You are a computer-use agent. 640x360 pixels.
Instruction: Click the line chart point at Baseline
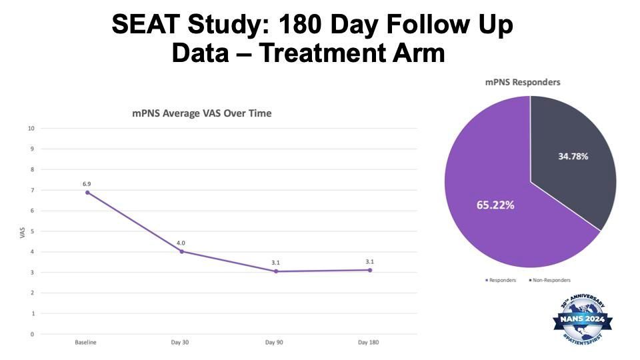(x=87, y=193)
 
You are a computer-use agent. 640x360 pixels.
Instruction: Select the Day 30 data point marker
(x=181, y=251)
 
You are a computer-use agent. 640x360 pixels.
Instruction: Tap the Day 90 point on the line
(x=275, y=271)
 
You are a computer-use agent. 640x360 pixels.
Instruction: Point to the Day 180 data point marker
(x=370, y=270)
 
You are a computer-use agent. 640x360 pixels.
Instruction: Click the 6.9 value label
(x=87, y=182)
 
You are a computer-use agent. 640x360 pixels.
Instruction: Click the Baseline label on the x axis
(x=87, y=343)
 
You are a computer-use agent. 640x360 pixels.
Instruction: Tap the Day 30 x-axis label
(x=181, y=343)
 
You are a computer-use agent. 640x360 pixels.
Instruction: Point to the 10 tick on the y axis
(x=31, y=129)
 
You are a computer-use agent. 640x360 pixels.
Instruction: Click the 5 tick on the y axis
(x=32, y=231)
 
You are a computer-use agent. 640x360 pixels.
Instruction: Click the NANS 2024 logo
(x=581, y=321)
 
